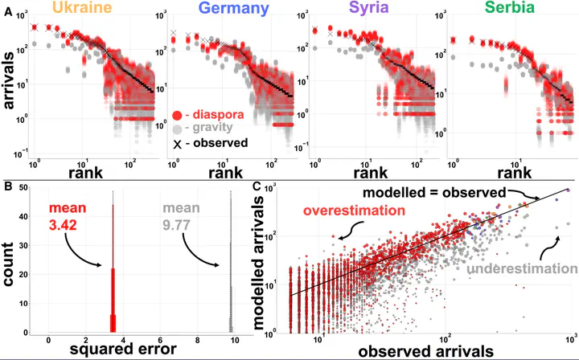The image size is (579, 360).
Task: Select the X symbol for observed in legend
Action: pyautogui.click(x=177, y=143)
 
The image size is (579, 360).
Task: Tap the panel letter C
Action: pyautogui.click(x=256, y=187)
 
